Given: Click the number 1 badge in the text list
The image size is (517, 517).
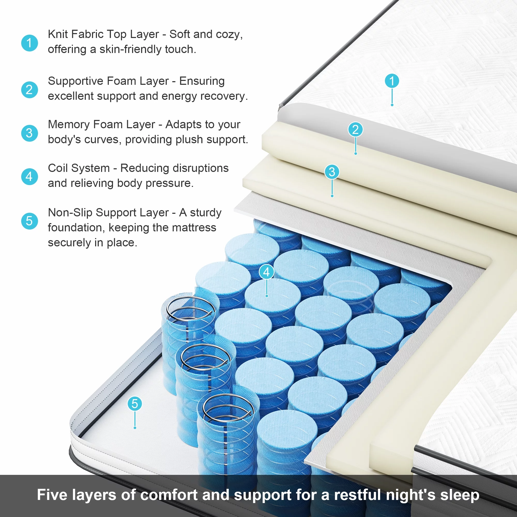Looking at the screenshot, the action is pos(29,43).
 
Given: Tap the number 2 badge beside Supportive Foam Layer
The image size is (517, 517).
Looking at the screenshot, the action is pos(29,90).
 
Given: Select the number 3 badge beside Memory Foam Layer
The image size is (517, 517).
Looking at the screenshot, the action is pos(29,133).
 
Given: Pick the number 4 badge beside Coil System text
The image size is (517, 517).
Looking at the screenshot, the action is pos(29,177).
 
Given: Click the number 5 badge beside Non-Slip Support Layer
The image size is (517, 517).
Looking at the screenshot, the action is pos(29,221).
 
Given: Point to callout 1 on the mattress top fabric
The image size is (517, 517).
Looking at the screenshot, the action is pos(392,81).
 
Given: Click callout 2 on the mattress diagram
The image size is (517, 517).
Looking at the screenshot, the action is pos(355,130).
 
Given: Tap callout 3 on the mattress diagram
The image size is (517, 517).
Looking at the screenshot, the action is pos(332,172).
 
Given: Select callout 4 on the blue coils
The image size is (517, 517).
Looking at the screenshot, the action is pos(267,272).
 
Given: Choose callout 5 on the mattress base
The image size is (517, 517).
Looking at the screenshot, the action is pos(135,404).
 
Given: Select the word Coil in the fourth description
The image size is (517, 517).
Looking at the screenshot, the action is pos(56,168).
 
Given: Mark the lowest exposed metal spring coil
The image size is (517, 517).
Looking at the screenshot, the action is pos(228,408).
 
